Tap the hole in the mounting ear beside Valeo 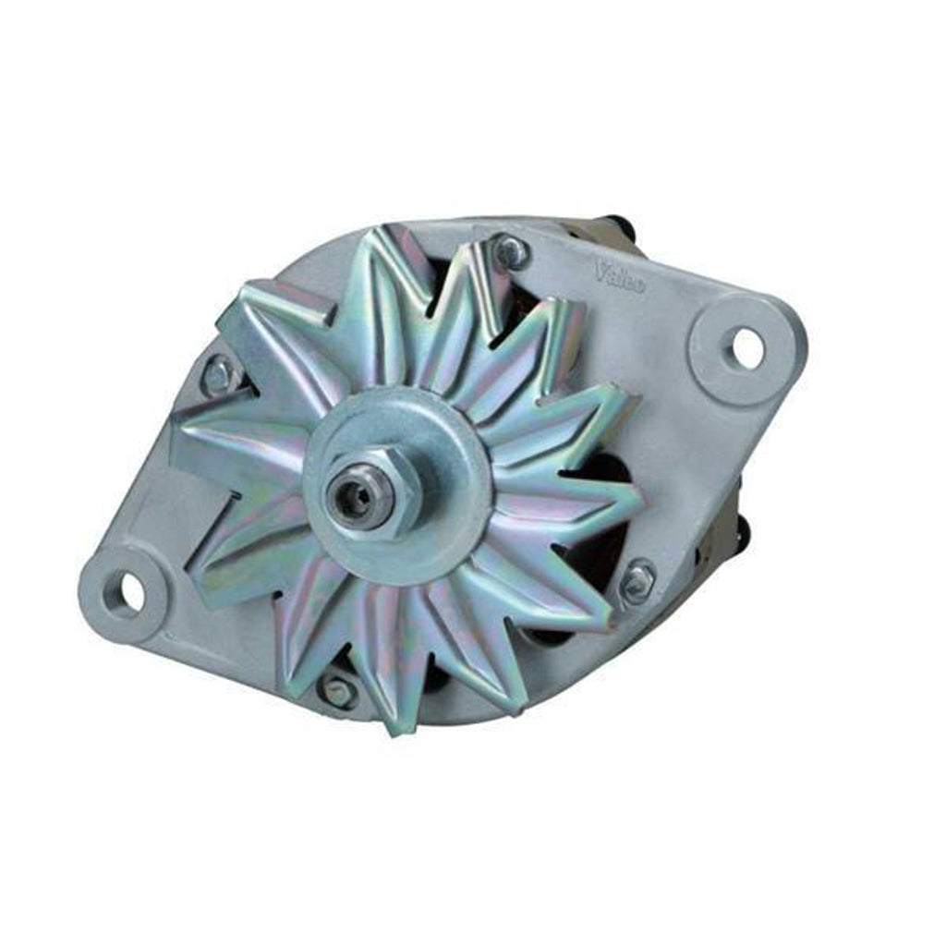(x=746, y=346)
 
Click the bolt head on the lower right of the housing (x=637, y=580)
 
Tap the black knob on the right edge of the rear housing (x=743, y=528)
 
